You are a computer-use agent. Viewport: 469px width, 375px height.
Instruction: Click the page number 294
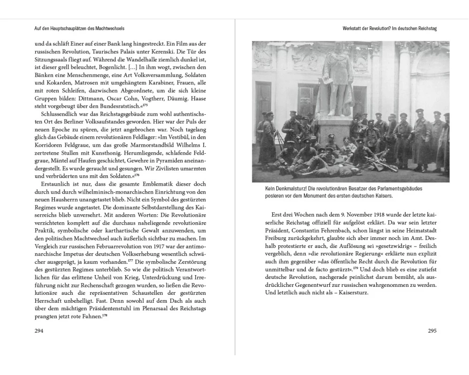tap(39, 331)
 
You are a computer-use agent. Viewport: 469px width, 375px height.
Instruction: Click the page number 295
tap(432, 331)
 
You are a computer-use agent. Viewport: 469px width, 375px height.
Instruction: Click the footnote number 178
tap(105, 315)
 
